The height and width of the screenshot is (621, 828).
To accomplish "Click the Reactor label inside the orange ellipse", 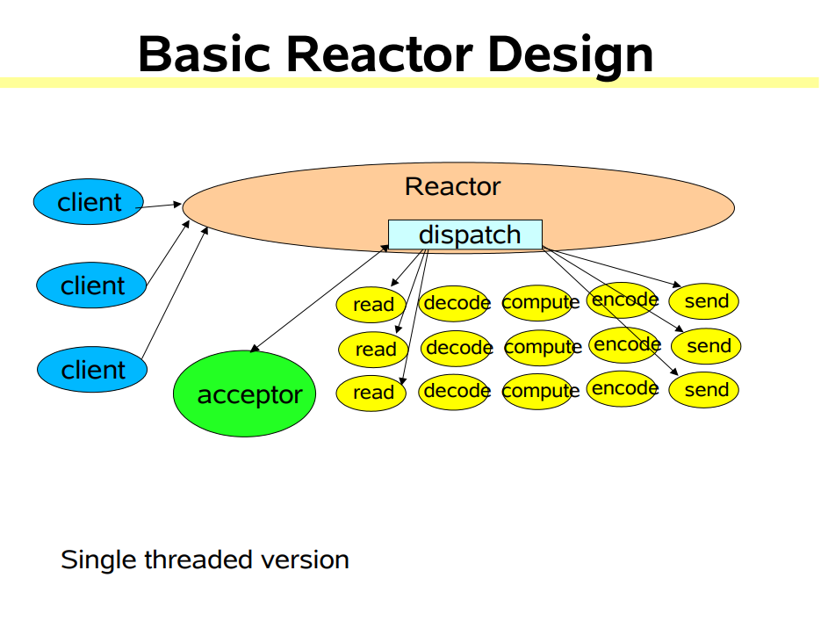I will click(x=452, y=186).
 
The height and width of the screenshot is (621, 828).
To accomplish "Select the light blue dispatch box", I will click(x=465, y=235).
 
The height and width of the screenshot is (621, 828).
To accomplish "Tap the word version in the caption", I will click(x=304, y=560).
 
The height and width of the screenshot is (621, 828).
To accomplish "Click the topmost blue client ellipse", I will click(x=90, y=202).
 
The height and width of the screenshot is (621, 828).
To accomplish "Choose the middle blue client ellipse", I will click(x=91, y=285).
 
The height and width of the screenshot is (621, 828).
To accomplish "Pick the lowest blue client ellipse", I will click(x=92, y=369).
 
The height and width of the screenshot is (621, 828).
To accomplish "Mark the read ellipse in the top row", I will click(x=372, y=305).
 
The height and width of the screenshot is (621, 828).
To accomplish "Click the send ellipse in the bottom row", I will click(x=704, y=390).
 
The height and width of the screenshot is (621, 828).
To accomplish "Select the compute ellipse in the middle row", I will click(x=541, y=347).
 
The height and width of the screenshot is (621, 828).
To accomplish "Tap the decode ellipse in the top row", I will click(x=455, y=304).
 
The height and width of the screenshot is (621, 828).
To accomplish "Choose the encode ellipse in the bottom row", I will click(x=623, y=388).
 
